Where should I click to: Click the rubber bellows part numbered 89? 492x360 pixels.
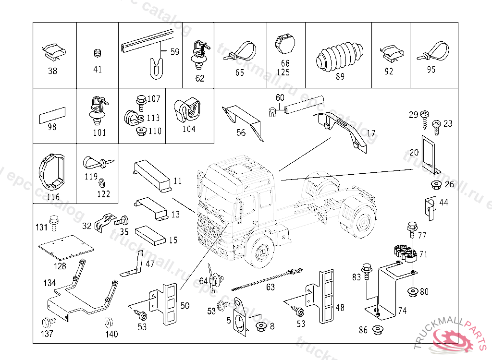340,59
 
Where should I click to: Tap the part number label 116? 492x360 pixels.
53,197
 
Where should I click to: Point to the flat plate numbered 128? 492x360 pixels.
66,246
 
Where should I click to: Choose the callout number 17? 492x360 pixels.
371,133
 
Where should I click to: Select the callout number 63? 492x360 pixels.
270,287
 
